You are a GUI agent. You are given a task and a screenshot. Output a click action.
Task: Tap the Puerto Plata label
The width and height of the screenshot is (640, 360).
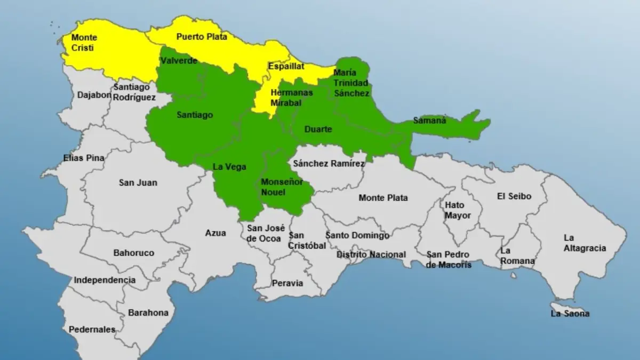coord(202,37)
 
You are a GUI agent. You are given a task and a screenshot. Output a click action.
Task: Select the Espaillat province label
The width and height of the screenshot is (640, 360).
coord(286,67)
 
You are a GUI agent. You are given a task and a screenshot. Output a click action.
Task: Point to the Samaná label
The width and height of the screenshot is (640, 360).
coord(429,121)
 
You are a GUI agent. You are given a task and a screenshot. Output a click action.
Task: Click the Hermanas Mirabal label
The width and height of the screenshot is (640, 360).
coord(292,97)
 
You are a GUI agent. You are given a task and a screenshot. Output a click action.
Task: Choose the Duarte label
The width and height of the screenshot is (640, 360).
coord(318,129)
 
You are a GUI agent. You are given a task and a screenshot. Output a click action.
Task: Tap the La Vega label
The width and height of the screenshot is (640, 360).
coord(229,167)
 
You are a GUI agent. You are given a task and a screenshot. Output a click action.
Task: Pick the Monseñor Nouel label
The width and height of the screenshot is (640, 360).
coord(282,187)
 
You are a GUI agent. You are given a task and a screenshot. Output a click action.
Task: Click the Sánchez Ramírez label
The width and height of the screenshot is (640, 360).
coord(329,164)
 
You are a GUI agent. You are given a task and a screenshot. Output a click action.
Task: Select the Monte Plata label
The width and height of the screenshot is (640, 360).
coord(383,198)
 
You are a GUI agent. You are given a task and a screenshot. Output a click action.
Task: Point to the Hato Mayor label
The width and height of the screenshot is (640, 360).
coord(457,210)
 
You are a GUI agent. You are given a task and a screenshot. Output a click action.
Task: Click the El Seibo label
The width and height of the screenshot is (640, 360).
coord(514,196)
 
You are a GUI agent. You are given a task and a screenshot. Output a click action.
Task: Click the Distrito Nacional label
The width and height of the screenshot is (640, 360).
coord(371,255)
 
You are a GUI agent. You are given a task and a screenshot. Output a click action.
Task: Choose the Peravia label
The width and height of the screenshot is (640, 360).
coord(287,283)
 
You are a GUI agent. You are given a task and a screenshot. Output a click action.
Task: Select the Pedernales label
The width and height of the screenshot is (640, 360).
coord(92,330)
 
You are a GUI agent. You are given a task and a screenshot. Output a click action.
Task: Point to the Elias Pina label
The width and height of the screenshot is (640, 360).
coord(84,158)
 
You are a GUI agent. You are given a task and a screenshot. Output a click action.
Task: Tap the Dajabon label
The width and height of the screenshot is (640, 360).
coord(94,95)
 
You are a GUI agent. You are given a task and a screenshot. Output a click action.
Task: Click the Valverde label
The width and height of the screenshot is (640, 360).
coord(179,61)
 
